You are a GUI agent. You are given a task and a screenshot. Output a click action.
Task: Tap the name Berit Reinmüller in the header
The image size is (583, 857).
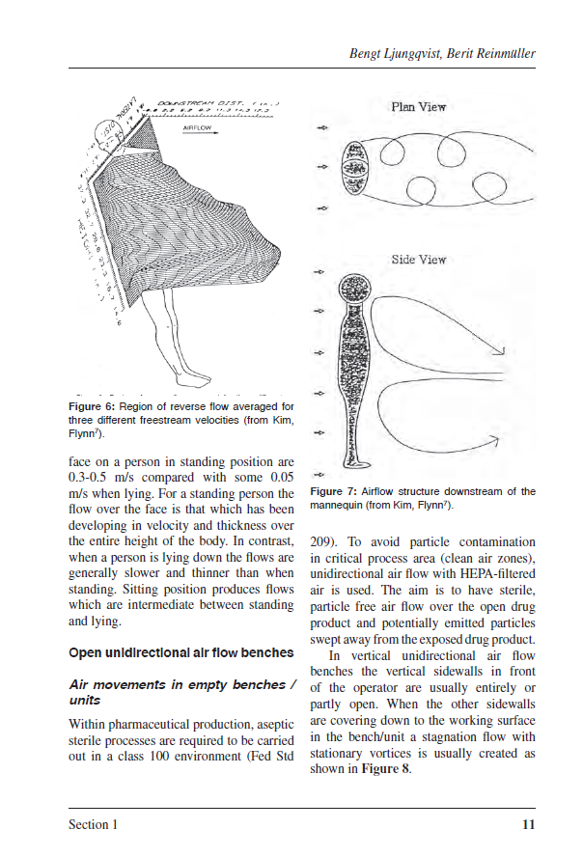[x=489, y=54]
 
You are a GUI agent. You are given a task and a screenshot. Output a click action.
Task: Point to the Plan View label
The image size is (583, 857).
[x=418, y=107]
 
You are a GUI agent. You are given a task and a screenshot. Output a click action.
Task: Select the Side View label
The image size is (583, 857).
[x=418, y=260]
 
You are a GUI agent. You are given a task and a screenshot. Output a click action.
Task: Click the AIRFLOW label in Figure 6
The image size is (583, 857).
[x=197, y=127]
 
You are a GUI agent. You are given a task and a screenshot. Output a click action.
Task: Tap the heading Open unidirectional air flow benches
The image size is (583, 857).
[x=180, y=652]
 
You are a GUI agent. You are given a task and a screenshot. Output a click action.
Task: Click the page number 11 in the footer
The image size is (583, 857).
[x=527, y=825]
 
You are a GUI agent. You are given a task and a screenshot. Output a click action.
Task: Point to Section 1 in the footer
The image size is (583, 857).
[x=93, y=825]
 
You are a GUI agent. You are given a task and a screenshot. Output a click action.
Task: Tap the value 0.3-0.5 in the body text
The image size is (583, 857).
[x=91, y=477]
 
